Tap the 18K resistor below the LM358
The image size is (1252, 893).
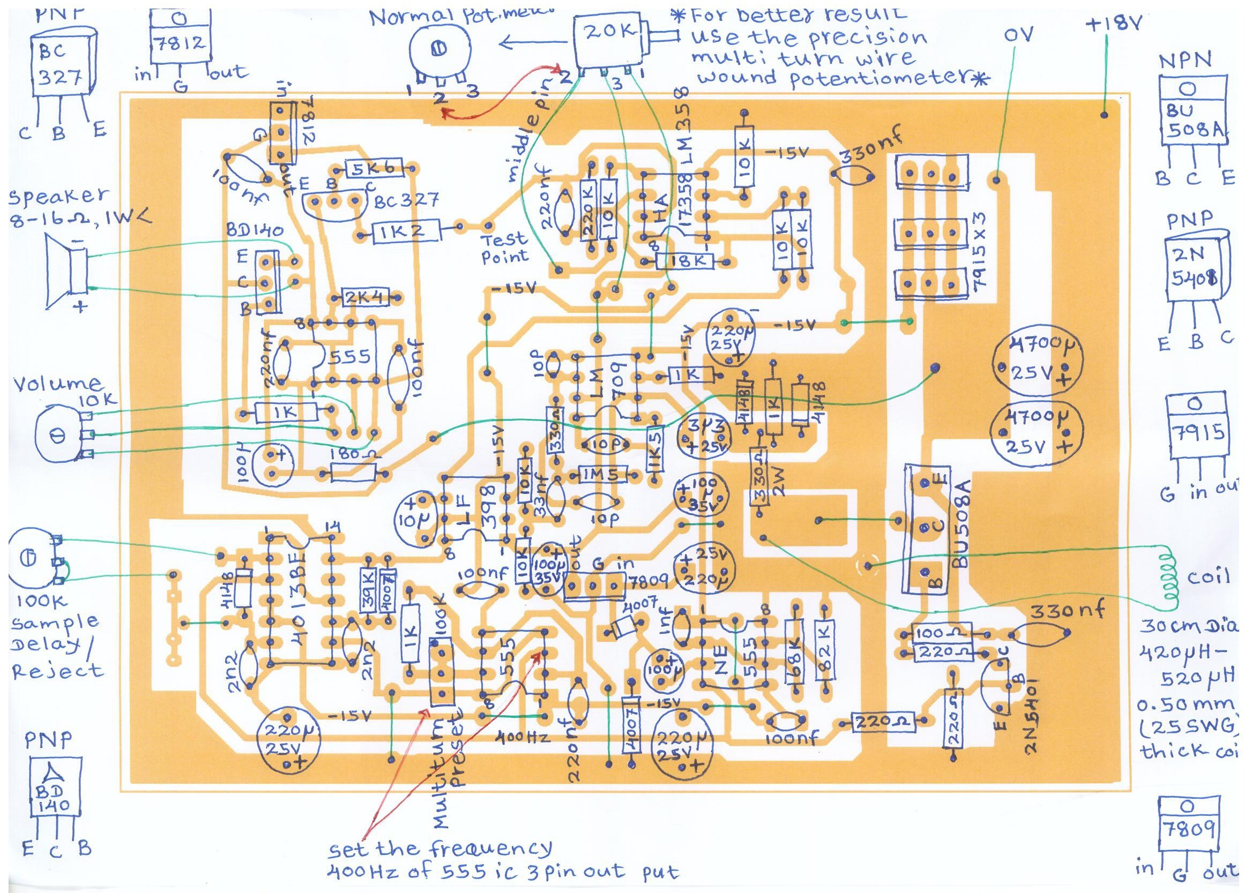[x=684, y=262]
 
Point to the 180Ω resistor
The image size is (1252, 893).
[x=352, y=472]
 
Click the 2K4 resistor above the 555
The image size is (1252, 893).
[x=364, y=297]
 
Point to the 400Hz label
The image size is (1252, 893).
[x=523, y=735]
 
